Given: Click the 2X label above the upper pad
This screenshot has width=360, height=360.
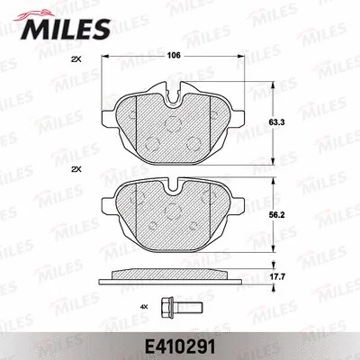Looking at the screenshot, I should (x=75, y=58).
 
